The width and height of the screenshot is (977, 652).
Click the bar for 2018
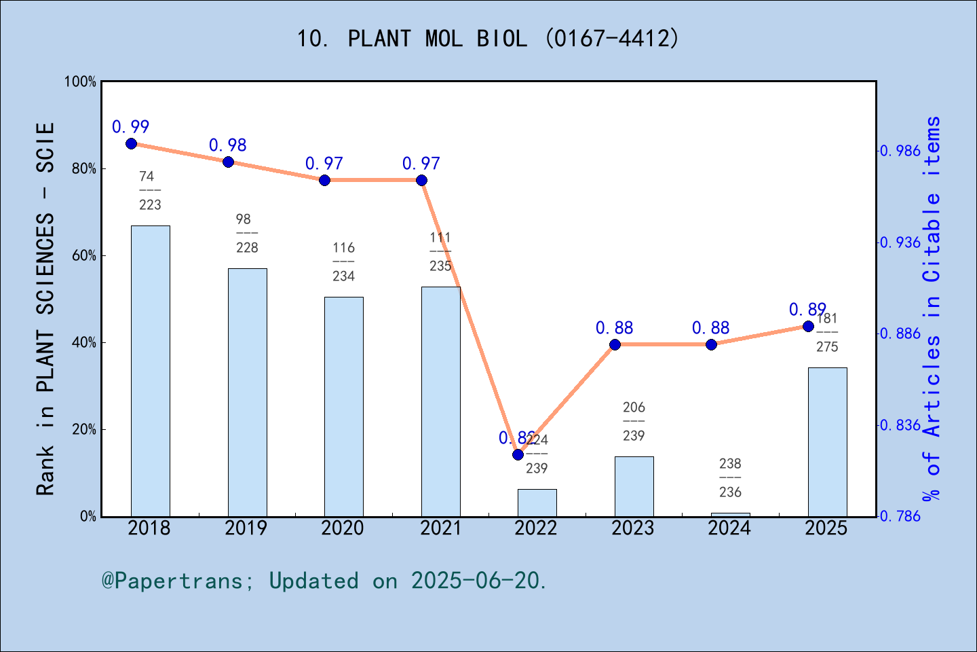150,371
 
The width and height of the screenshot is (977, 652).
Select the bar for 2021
440,401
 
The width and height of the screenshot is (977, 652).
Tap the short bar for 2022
537,503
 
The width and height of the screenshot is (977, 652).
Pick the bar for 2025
827,441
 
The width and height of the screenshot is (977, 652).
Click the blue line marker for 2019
228,162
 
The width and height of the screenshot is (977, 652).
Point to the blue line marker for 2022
518,454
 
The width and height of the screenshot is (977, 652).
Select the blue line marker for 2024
711,344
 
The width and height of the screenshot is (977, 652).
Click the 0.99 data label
130,127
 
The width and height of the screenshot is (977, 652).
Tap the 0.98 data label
227,145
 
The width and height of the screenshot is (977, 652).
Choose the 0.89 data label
807,310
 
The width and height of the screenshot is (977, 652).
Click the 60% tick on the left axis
84,256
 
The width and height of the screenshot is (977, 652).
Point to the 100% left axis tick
81,82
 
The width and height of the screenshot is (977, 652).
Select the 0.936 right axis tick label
901,243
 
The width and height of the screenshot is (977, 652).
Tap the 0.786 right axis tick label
901,516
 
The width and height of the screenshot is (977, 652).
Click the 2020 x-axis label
343,528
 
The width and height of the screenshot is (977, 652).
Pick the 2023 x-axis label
632,528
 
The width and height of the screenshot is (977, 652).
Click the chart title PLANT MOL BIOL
487,39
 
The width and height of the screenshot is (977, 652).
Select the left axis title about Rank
45,309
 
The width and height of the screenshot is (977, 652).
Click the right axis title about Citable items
932,309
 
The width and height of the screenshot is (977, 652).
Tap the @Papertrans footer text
324,581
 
